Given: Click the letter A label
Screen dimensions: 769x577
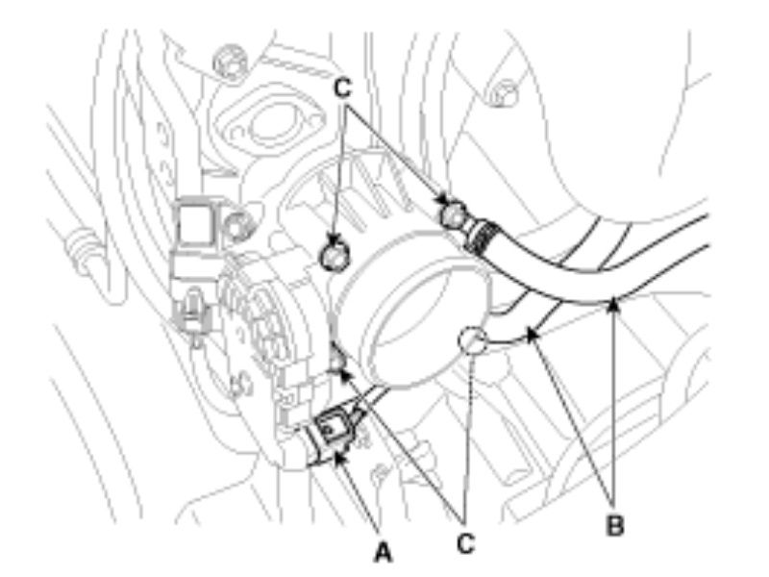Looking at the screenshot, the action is pyautogui.click(x=383, y=552).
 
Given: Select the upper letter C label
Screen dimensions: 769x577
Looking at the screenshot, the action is pyautogui.click(x=343, y=88).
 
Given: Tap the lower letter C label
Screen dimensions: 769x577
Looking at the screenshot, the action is pyautogui.click(x=465, y=543).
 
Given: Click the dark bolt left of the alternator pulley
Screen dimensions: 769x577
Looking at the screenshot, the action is pyautogui.click(x=333, y=257).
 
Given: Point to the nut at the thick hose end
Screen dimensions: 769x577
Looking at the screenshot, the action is pyautogui.click(x=452, y=213).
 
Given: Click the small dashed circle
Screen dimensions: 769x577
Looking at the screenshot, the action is pyautogui.click(x=472, y=340).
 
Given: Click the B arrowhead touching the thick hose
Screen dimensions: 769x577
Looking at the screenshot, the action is pyautogui.click(x=613, y=305).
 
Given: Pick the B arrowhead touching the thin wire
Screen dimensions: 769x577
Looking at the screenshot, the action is pyautogui.click(x=532, y=335).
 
